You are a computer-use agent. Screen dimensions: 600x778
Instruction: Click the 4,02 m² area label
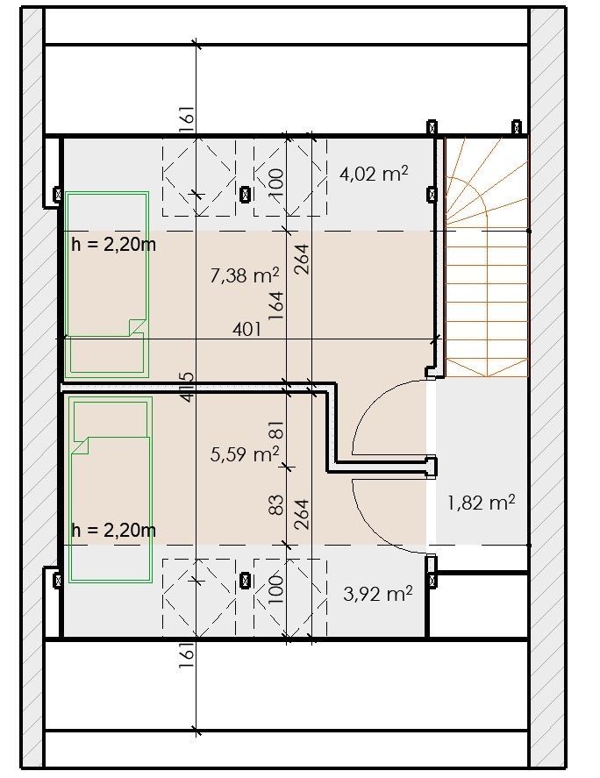click(374, 174)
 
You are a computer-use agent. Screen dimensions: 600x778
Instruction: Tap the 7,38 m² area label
click(244, 275)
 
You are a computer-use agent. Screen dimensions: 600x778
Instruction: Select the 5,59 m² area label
click(244, 453)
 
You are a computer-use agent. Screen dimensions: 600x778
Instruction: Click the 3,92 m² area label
click(378, 594)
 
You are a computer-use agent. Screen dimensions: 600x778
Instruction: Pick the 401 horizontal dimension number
click(246, 329)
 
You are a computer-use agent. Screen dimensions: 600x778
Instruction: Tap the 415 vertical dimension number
click(187, 387)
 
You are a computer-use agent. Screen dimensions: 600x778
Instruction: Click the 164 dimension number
click(276, 305)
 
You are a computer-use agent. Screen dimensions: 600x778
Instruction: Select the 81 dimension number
click(276, 429)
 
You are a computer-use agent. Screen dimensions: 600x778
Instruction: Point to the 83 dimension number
click(276, 504)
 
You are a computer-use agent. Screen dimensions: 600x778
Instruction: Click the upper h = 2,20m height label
click(114, 244)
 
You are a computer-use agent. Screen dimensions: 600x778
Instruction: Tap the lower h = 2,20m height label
click(114, 530)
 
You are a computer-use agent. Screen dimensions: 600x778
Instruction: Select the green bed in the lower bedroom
click(111, 489)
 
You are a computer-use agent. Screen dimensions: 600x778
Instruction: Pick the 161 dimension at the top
click(186, 119)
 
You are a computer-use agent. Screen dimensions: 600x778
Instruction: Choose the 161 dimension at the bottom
click(186, 655)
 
